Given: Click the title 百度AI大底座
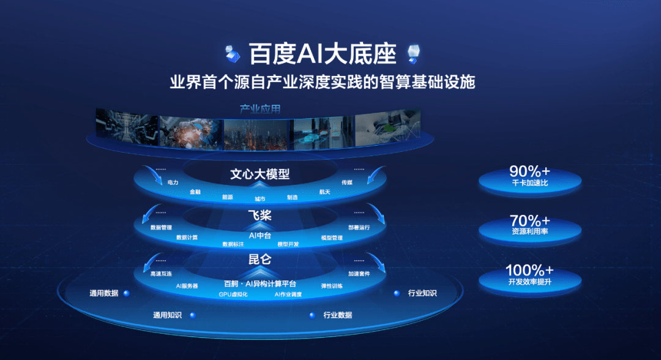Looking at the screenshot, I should (x=323, y=54).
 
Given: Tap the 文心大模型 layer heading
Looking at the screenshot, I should (x=260, y=174).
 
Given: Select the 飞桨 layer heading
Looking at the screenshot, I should (x=260, y=216).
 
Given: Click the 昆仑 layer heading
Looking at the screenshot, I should (x=260, y=259).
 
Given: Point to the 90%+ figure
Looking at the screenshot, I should (x=529, y=171).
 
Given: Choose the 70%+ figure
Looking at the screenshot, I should (x=529, y=220).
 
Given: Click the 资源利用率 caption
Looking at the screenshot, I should (x=529, y=232).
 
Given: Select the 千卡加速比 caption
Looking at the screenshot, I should (x=529, y=183).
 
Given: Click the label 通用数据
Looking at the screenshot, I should (x=103, y=293).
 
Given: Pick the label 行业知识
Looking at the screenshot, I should (x=422, y=293).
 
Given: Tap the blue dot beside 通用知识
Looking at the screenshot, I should (x=192, y=315).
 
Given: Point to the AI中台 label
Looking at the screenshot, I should (x=260, y=234).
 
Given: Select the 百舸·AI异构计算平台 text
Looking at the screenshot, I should (x=260, y=283).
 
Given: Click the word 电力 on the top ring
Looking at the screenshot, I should (x=173, y=182).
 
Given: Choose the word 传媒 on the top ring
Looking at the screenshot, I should (x=347, y=182).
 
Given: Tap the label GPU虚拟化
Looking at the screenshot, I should (x=233, y=294).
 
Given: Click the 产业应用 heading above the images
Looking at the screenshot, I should (x=260, y=110).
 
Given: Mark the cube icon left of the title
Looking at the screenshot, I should (x=233, y=53).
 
